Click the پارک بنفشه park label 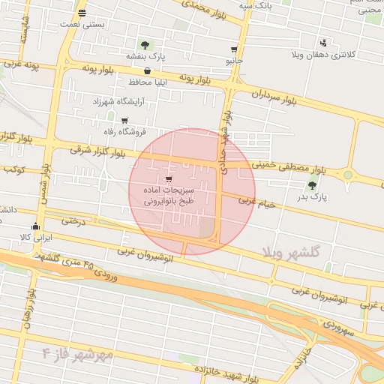point(144,56)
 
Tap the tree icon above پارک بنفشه point(144,45)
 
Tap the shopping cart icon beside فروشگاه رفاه point(124,121)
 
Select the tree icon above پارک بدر point(313,185)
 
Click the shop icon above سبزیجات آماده point(168,179)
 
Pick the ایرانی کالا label point(34,237)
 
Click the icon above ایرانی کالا point(34,226)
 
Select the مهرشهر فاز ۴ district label point(77,352)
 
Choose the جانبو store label point(235,58)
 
